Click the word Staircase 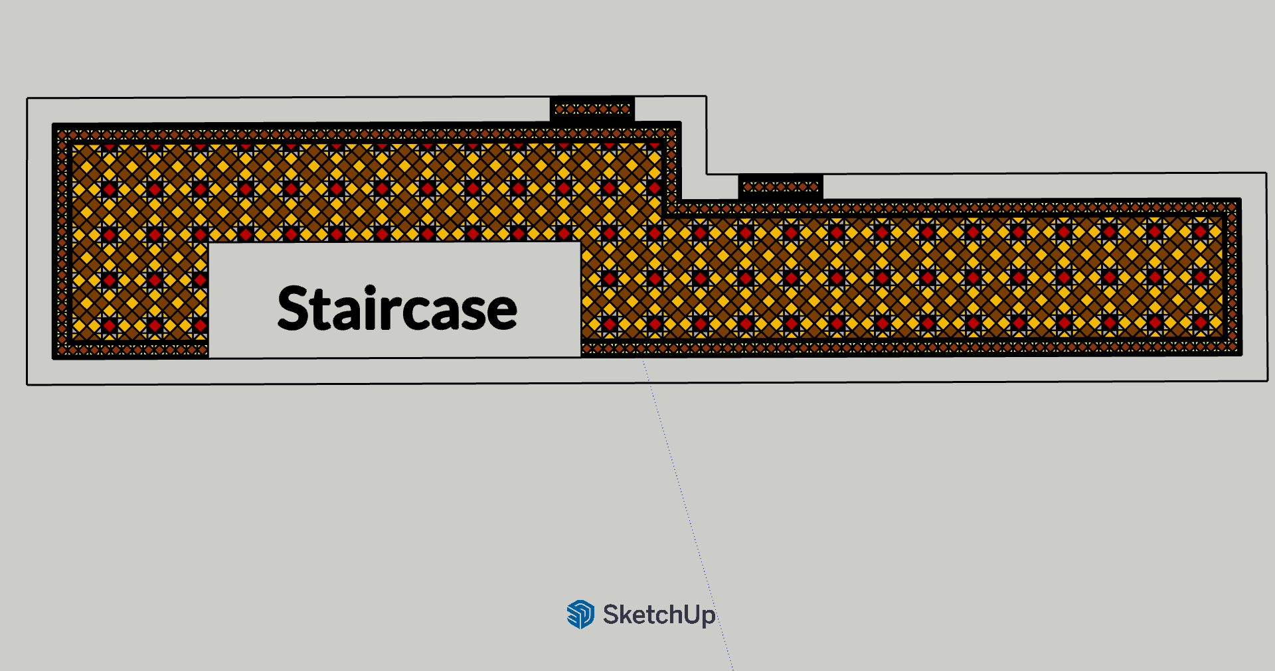click(x=397, y=309)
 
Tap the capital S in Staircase click(x=294, y=309)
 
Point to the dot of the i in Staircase click(x=370, y=291)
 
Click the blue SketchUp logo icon click(x=580, y=614)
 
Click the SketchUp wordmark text click(x=659, y=615)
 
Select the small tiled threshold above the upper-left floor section click(x=592, y=109)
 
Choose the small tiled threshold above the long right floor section click(x=781, y=186)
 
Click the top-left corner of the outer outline click(x=27, y=99)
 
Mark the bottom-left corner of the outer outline click(x=27, y=384)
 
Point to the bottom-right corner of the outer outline click(x=1267, y=381)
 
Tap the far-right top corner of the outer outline click(x=1266, y=173)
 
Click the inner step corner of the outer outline click(x=707, y=174)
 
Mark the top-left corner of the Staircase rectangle click(x=209, y=243)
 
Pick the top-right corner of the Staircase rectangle click(x=580, y=242)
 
